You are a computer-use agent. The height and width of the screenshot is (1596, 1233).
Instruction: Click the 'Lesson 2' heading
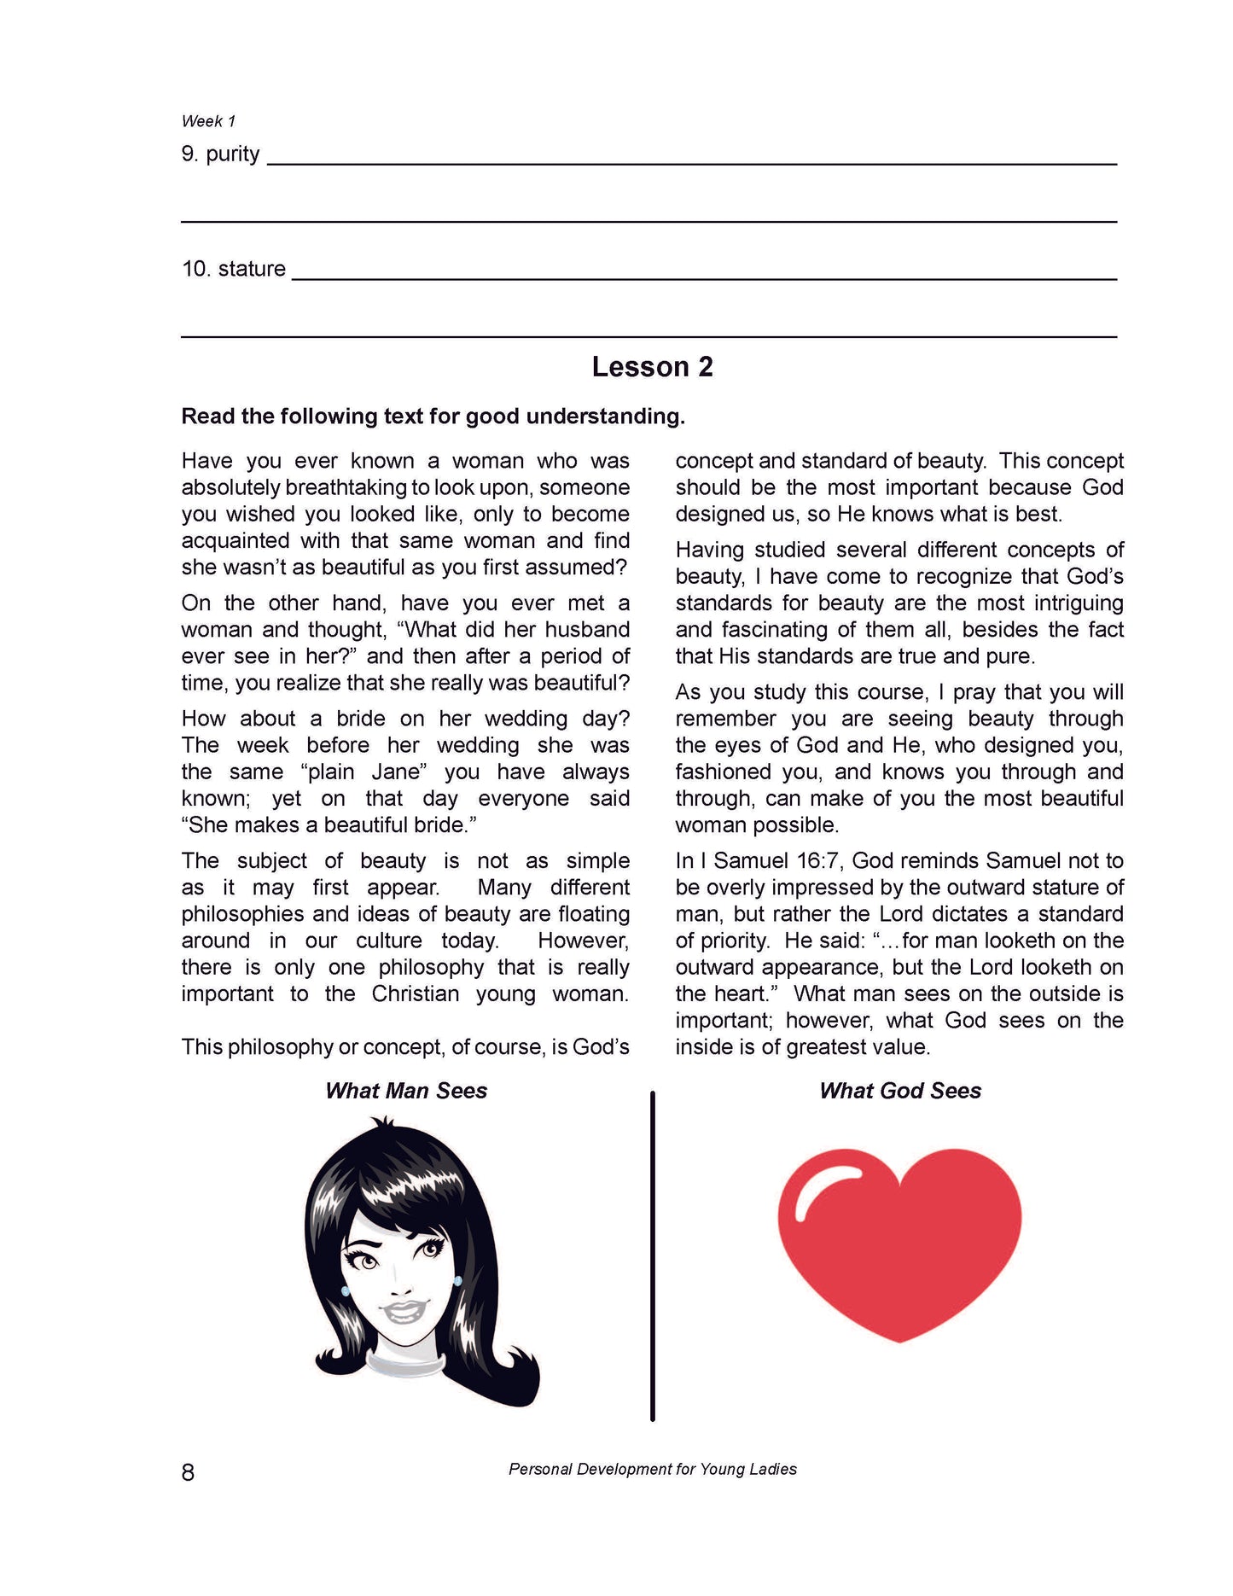point(652,367)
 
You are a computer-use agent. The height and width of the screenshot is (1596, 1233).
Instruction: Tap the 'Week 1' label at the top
point(208,121)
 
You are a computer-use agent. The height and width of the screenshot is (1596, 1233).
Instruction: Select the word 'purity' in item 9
point(232,154)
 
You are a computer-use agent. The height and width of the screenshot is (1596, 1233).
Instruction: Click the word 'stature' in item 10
point(252,269)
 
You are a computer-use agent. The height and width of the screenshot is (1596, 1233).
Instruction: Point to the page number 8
point(188,1472)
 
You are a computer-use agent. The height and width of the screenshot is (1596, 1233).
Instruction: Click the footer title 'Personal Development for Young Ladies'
point(652,1469)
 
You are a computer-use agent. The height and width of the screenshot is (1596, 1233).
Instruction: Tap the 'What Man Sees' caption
point(406,1091)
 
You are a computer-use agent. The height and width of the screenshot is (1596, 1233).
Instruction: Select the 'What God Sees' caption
point(899,1091)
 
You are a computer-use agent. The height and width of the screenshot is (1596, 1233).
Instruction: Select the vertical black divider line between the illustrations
point(653,1255)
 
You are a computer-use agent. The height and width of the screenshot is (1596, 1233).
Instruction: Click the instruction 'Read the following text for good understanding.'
point(433,416)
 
